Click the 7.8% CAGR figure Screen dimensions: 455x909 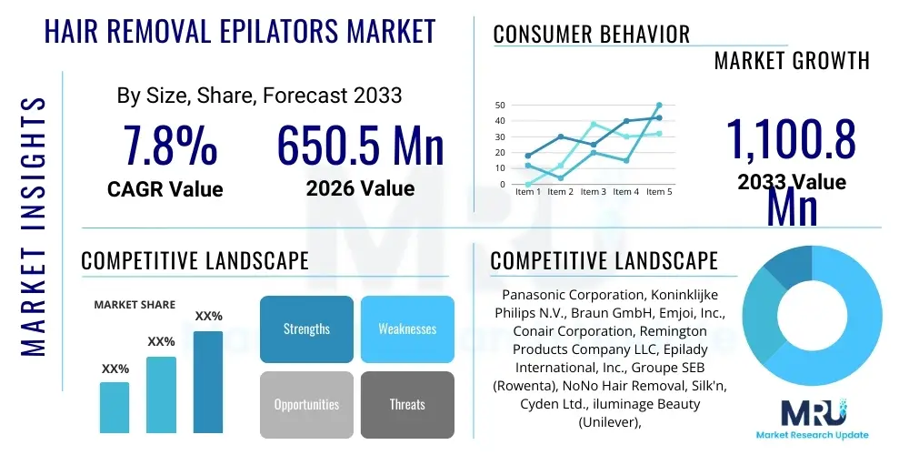coord(170,146)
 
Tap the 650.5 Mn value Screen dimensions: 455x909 coord(360,146)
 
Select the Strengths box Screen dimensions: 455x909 coord(306,329)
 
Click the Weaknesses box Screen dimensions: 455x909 coord(407,329)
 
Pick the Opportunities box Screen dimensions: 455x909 coord(306,404)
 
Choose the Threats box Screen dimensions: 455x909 coord(407,404)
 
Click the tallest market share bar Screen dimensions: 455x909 coord(208,382)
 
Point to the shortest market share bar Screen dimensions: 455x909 coord(115,407)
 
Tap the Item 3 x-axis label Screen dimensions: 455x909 coord(593,192)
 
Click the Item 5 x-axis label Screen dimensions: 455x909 coord(658,192)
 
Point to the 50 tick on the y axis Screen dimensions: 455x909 coord(499,106)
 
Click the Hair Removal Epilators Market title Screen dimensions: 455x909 coord(240,32)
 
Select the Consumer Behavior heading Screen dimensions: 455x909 coord(591,35)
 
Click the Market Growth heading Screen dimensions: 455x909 coord(792,61)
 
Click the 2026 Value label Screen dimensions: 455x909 coord(360,188)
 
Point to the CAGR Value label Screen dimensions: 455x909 coord(165,188)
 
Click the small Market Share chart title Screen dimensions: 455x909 coord(135,305)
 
